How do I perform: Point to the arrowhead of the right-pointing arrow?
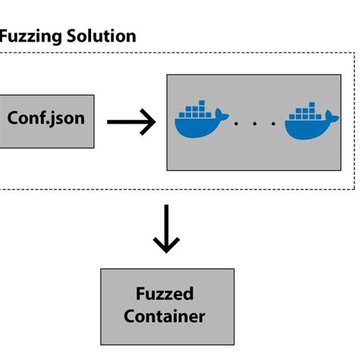[x=150, y=120]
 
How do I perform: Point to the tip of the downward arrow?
[x=166, y=251]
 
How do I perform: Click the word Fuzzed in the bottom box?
[x=166, y=295]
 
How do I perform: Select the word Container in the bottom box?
[x=166, y=317]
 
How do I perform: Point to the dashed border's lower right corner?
[x=355, y=188]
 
